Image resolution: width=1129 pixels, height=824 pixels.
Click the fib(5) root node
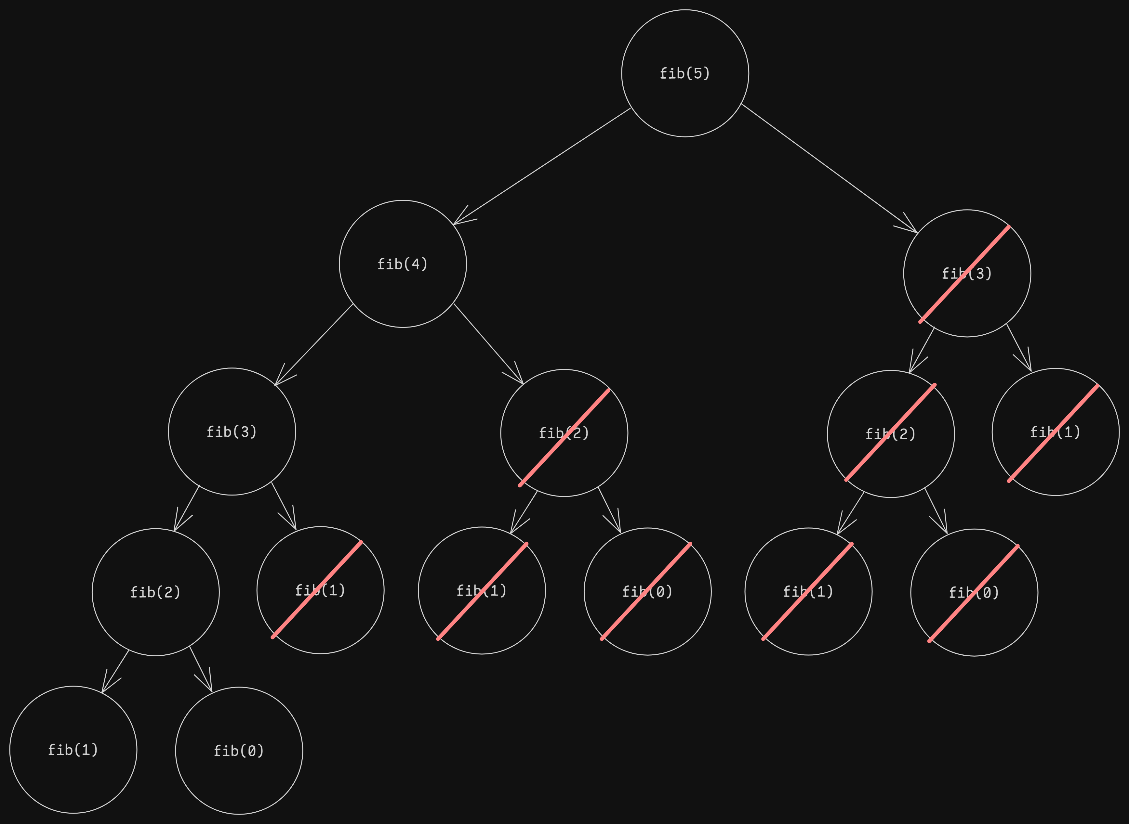685,73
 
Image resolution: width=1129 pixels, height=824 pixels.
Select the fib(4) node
402,264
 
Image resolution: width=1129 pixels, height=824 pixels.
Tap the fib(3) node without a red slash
232,431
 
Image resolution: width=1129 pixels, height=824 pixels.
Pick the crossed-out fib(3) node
967,273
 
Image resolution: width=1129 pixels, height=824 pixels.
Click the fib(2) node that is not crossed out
155,592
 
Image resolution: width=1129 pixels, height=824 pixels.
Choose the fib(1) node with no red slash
73,750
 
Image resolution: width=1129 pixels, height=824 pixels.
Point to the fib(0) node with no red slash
239,751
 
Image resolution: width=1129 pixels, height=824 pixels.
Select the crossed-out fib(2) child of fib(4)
564,433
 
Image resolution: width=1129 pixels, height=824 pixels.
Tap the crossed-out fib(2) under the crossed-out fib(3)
890,434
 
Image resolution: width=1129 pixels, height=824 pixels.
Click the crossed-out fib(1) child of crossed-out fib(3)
1055,432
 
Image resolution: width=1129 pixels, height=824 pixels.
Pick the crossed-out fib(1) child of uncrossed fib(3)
320,590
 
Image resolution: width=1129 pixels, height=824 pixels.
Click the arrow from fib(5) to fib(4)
541,167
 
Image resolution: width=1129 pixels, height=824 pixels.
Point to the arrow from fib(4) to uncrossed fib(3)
314,345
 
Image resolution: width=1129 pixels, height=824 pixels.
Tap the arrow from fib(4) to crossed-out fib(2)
488,344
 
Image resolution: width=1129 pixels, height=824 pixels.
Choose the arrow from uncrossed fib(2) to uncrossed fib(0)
201,669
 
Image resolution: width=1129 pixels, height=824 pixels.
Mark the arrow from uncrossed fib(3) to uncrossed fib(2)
187,508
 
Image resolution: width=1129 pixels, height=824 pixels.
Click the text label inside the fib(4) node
402,264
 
